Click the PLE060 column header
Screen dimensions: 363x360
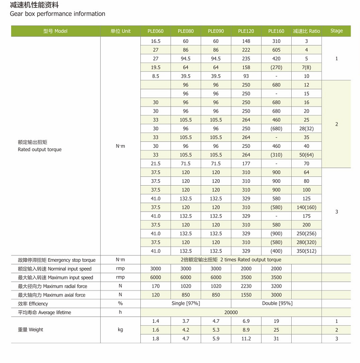click(156, 31)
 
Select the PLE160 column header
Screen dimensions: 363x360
click(276, 31)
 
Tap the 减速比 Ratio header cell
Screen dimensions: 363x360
click(306, 31)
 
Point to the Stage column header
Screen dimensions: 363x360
click(336, 31)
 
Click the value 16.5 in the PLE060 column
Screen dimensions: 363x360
click(156, 41)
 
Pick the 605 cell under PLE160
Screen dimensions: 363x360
click(276, 50)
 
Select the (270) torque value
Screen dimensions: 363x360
click(276, 67)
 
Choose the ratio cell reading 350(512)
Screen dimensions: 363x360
click(306, 251)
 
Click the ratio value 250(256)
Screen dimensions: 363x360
click(306, 234)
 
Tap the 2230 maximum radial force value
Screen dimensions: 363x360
click(246, 286)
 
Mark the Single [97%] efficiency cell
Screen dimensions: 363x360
click(186, 303)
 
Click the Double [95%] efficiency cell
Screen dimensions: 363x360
click(276, 303)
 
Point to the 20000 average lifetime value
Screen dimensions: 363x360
click(231, 312)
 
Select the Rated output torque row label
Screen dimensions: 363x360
click(39, 150)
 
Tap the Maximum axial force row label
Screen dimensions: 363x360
click(51, 295)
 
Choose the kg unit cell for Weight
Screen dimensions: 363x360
click(120, 330)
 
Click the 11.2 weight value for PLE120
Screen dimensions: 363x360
click(246, 339)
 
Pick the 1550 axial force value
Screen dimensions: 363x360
click(246, 295)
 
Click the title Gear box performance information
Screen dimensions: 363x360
click(58, 14)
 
